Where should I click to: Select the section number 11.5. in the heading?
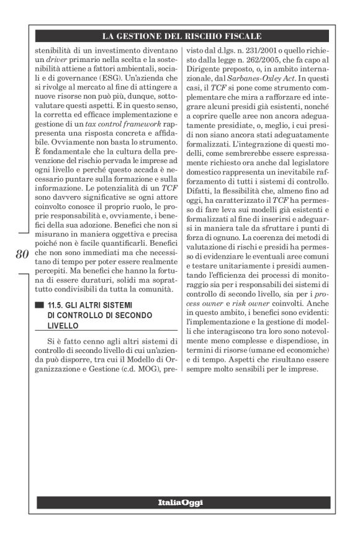pos(60,305)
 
